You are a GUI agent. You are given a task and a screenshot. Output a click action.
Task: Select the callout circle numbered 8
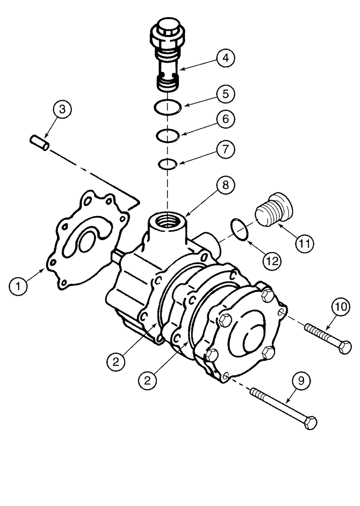pos(226,186)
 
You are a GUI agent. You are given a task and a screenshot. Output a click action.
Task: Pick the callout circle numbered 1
pos(19,286)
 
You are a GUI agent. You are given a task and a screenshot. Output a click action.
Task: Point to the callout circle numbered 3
pos(62,109)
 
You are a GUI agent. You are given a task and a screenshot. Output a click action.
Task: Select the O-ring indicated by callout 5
pos(166,107)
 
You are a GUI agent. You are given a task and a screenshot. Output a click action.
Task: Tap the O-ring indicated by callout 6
pos(166,135)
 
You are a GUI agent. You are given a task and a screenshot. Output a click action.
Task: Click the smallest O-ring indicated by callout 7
pos(166,163)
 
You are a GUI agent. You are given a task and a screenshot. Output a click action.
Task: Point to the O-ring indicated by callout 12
pos(240,228)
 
